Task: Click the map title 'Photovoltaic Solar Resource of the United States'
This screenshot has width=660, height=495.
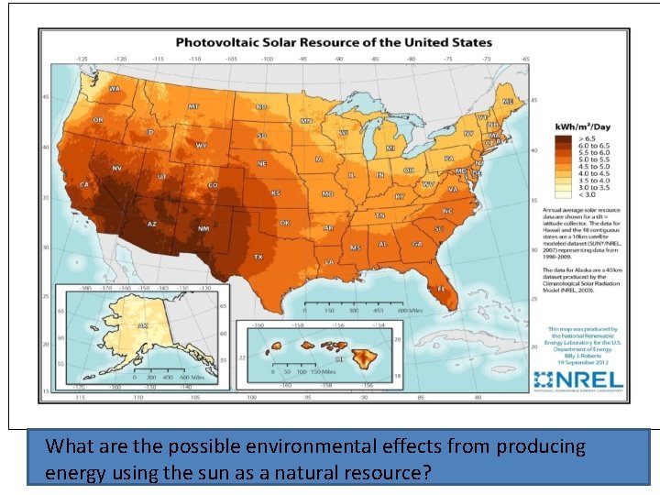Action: pyautogui.click(x=334, y=42)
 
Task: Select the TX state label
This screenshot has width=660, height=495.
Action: pyautogui.click(x=259, y=258)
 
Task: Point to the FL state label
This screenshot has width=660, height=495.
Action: pyautogui.click(x=442, y=289)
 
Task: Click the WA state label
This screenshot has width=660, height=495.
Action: pyautogui.click(x=115, y=89)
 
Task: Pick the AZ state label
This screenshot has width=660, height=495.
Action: pyautogui.click(x=152, y=225)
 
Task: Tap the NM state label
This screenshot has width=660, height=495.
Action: pyautogui.click(x=203, y=228)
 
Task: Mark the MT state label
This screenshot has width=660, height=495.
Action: pyautogui.click(x=193, y=106)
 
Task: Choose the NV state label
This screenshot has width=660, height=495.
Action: pyautogui.click(x=117, y=169)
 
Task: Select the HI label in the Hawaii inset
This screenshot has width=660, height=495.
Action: pyautogui.click(x=338, y=360)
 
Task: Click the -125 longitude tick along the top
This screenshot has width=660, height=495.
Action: pyautogui.click(x=82, y=59)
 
